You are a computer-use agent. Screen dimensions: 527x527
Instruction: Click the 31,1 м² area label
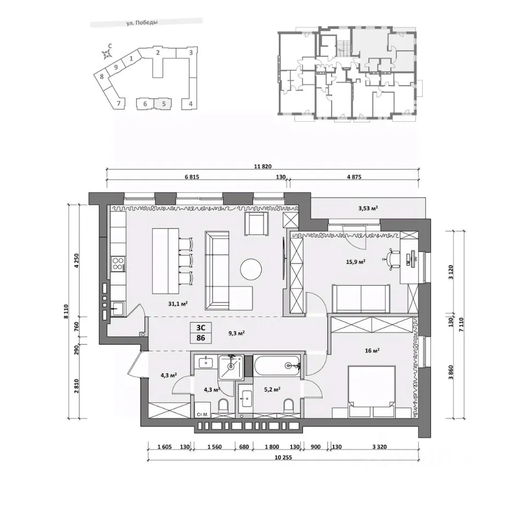point(178,304)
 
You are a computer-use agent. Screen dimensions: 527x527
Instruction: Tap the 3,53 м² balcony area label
point(368,209)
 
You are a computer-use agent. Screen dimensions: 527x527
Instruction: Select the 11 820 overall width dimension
point(262,166)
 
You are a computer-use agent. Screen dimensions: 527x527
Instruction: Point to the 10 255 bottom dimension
point(283,457)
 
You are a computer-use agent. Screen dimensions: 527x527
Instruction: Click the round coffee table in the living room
point(251,269)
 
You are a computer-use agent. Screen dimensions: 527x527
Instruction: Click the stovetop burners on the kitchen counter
point(118,263)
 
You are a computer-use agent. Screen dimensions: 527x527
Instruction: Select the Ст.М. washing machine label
point(203,415)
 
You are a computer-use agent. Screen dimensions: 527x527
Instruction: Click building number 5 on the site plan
point(164,104)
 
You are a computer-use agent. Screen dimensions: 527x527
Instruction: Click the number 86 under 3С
point(201,338)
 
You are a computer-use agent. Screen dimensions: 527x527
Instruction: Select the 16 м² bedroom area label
point(372,351)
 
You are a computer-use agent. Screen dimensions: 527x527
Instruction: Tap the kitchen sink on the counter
point(117,308)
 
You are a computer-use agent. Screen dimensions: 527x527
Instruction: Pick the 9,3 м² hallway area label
point(236,333)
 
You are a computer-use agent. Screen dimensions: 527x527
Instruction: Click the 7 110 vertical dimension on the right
point(461,324)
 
